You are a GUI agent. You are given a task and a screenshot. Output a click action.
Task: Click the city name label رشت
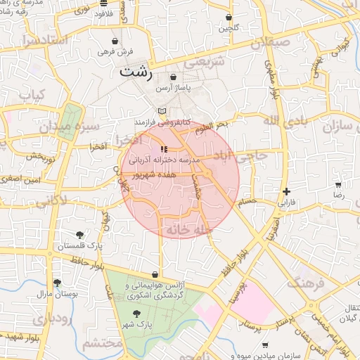pyautogui.click(x=136, y=72)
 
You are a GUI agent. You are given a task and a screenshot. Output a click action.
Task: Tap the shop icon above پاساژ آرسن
pyautogui.click(x=174, y=77)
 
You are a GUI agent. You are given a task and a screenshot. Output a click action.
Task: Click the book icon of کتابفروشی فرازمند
pyautogui.click(x=162, y=111)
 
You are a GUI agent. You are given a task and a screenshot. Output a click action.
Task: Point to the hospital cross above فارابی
pyautogui.click(x=286, y=191)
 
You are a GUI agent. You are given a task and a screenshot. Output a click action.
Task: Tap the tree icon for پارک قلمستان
pyautogui.click(x=79, y=236)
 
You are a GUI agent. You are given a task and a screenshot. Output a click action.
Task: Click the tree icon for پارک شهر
pyautogui.click(x=137, y=314)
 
